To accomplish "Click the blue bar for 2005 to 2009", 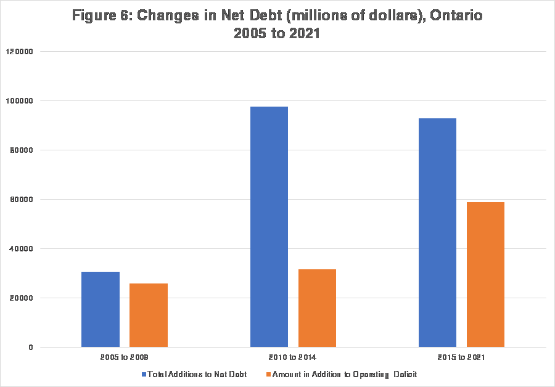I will click(101, 309).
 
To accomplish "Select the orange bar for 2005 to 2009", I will click(149, 315).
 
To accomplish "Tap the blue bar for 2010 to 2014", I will click(269, 227).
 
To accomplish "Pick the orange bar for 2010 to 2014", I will click(317, 308).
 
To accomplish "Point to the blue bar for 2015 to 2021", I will click(437, 232).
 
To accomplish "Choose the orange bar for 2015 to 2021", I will click(485, 274).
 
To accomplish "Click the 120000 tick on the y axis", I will click(22, 51).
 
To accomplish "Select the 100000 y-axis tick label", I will click(22, 100).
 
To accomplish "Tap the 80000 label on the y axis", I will click(23, 150).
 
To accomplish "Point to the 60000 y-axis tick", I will click(23, 199).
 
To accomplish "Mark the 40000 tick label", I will click(23, 248).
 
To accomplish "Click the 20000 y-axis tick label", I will click(23, 298).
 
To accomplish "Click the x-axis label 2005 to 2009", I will click(124, 357).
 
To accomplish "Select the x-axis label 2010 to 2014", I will click(293, 357).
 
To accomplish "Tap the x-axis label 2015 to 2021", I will click(461, 357).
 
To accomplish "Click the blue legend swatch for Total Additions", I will click(144, 374).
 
